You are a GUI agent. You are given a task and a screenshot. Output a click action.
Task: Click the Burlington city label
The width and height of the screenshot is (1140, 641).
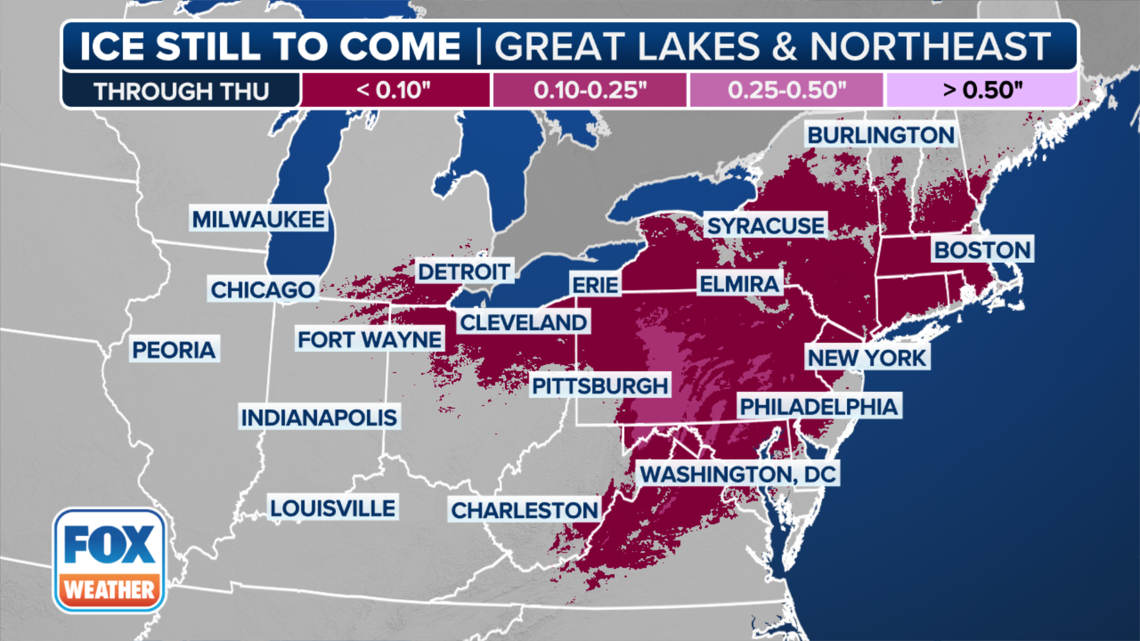[x=881, y=135]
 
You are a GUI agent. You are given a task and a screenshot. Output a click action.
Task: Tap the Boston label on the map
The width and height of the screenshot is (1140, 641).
[x=982, y=250]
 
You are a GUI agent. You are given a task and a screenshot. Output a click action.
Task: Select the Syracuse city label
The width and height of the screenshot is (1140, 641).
[x=765, y=226]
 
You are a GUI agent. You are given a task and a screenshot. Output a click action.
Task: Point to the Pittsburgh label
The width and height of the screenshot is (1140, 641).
[x=600, y=386]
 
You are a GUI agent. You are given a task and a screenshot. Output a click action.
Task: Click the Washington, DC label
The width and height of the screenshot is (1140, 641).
[x=738, y=474]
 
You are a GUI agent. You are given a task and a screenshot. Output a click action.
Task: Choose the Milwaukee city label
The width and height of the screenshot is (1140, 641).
[x=258, y=220]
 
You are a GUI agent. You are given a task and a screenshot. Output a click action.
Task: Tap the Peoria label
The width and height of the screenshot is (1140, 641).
[x=174, y=350]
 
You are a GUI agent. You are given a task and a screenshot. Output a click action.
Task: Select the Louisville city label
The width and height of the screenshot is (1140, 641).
[x=332, y=509]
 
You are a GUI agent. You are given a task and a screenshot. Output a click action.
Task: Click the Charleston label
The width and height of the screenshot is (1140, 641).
[x=524, y=510]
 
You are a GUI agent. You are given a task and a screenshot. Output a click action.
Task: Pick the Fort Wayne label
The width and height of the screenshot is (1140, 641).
[x=370, y=340]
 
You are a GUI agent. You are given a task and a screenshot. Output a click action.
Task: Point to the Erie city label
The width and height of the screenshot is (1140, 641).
[x=595, y=285]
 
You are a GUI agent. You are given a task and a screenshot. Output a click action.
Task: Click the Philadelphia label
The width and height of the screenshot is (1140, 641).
[x=819, y=407]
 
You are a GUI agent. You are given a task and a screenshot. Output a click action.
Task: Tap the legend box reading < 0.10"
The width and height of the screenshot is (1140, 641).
[x=394, y=90]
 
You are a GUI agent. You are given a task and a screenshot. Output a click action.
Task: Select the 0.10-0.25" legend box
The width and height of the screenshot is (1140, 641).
[x=590, y=90]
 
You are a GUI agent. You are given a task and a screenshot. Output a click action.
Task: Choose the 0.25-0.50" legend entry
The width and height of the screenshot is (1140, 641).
[x=786, y=90]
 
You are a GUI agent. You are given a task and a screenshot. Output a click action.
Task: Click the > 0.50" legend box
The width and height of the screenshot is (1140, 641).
[x=982, y=90]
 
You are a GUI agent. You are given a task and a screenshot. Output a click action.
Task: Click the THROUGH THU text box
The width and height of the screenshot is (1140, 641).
[x=181, y=91]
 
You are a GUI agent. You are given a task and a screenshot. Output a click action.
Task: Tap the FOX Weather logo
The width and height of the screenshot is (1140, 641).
[x=109, y=561]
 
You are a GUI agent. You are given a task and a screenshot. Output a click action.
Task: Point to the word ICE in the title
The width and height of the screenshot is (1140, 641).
[x=112, y=46]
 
